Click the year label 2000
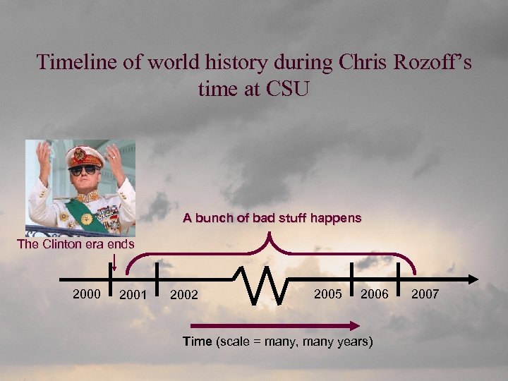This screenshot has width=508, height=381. click(x=87, y=293)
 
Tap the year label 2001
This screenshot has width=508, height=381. click(x=133, y=294)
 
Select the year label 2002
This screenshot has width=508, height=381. click(x=185, y=294)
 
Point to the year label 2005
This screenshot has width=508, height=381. click(x=328, y=294)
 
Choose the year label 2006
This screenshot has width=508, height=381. click(x=375, y=294)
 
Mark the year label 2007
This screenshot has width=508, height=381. click(x=425, y=294)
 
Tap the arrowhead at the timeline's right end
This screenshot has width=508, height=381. click(x=471, y=277)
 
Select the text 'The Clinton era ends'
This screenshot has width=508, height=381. click(x=75, y=245)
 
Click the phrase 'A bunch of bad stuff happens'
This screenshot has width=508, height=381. click(x=272, y=219)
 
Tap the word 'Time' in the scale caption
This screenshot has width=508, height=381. click(x=197, y=341)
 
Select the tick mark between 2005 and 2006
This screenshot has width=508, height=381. click(x=351, y=277)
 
